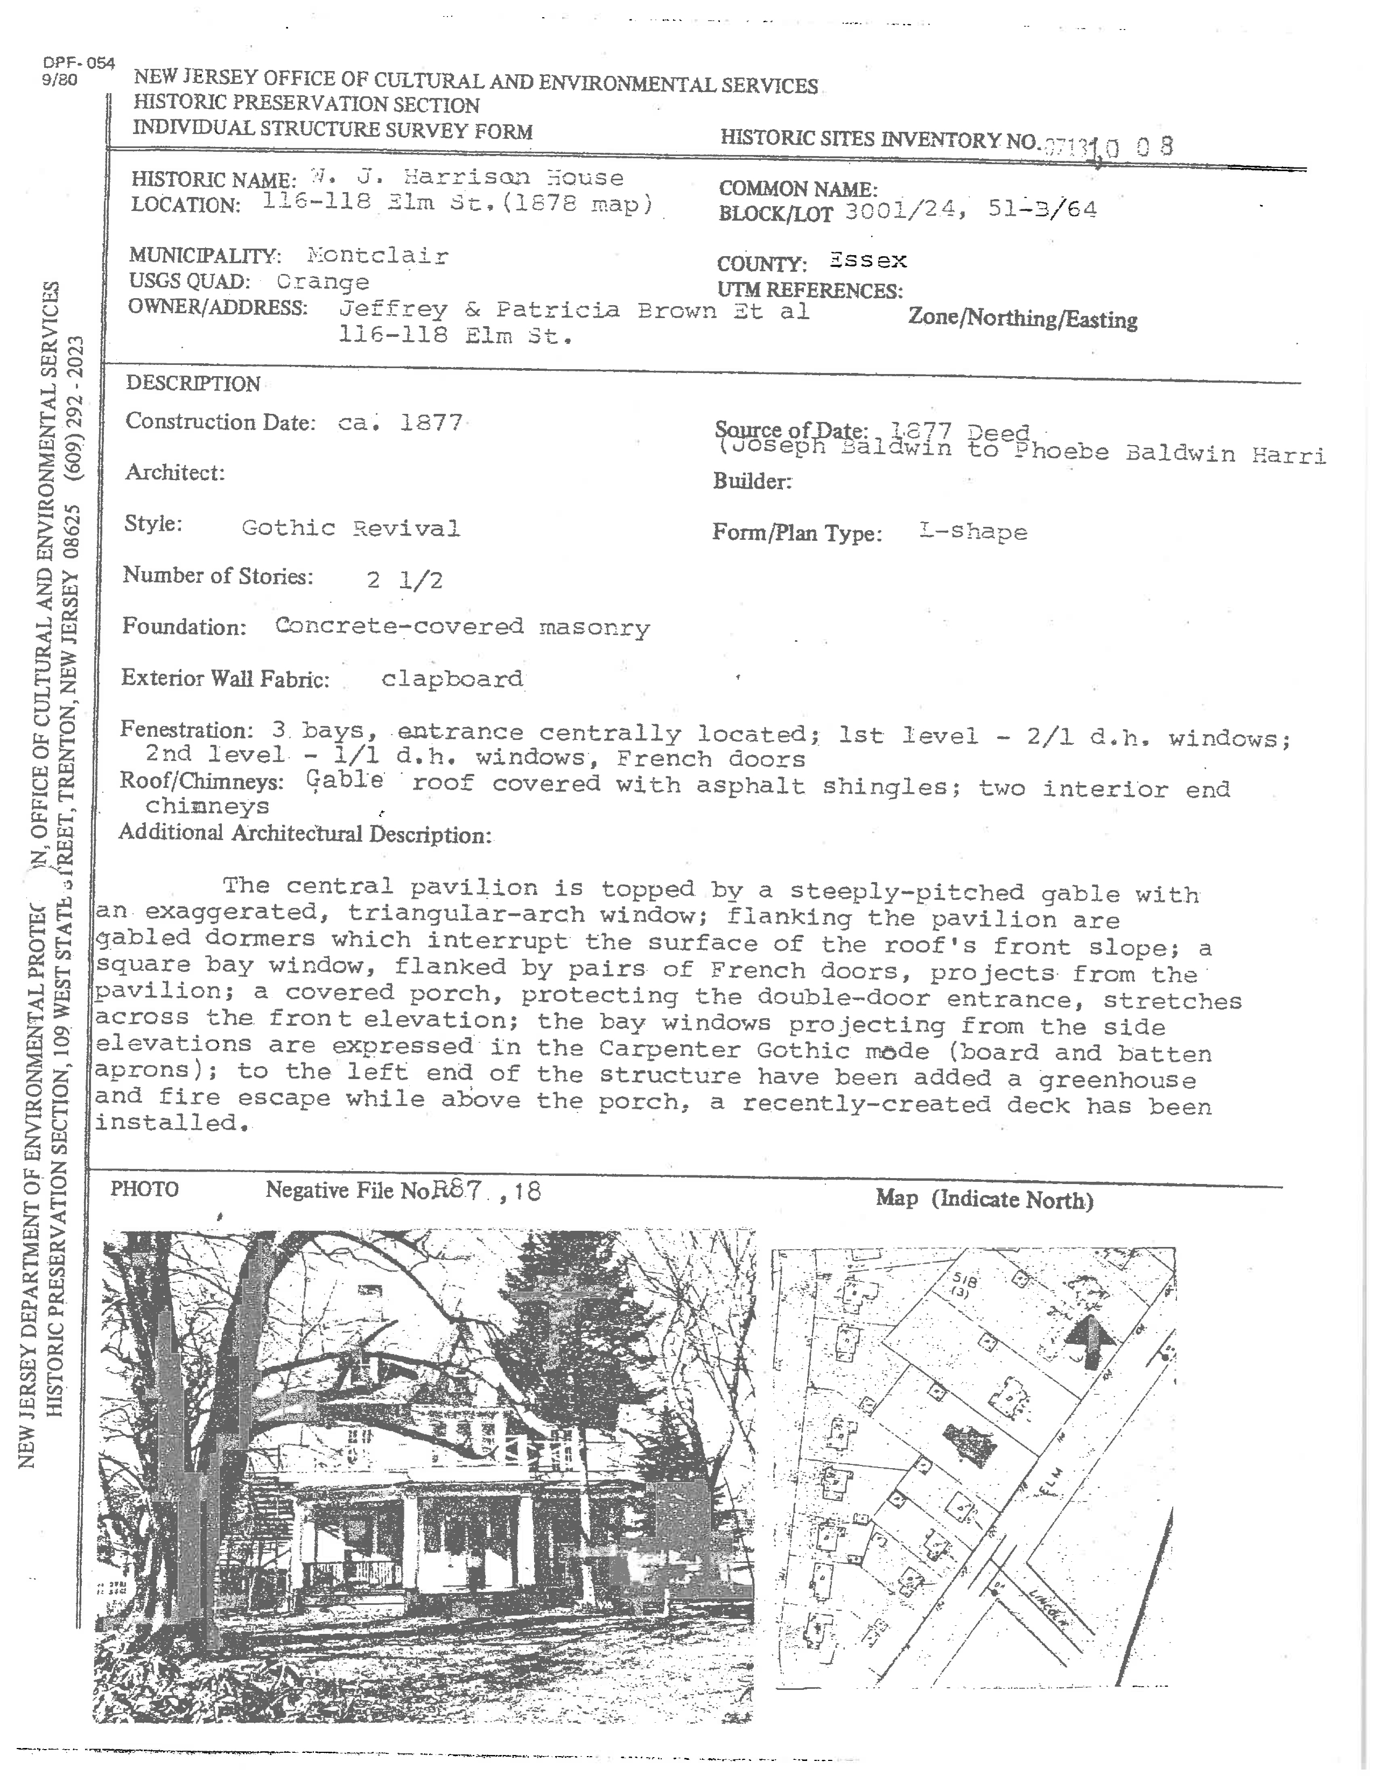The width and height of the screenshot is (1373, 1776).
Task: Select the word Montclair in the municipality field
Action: click(x=377, y=256)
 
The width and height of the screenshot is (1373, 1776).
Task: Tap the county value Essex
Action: click(x=867, y=261)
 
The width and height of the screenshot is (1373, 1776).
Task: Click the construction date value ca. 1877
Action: click(x=400, y=423)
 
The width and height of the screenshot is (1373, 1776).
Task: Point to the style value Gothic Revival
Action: click(x=351, y=528)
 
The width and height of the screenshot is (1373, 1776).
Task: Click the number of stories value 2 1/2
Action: click(x=405, y=580)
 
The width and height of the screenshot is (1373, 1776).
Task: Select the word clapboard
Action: click(x=452, y=679)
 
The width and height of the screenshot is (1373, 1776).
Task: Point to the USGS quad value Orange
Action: click(x=322, y=282)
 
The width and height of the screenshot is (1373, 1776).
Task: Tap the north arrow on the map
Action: click(x=1091, y=1341)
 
